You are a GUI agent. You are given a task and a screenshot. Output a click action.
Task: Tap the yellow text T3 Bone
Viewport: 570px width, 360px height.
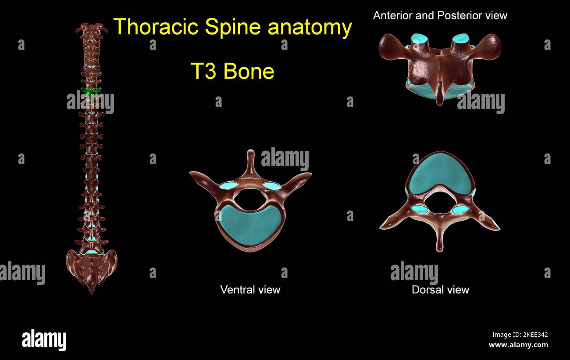point(232,71)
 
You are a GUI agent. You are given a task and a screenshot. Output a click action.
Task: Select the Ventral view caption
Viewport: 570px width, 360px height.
point(250,289)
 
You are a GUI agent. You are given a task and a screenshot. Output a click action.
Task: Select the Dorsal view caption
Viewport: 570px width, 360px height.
point(440,289)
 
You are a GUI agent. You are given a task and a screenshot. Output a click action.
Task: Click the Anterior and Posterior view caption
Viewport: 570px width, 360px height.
point(440,16)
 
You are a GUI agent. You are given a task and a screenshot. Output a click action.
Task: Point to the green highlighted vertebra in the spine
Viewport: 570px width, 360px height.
point(91,91)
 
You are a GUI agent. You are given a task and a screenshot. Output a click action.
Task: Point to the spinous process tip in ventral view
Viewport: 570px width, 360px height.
point(250,153)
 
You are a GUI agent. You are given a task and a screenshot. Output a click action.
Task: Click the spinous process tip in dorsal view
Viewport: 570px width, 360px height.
point(440,248)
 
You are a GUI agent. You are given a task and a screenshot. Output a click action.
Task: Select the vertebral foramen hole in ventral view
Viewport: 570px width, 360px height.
point(250,199)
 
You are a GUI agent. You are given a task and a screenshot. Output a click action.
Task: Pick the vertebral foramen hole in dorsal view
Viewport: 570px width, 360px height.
point(439,203)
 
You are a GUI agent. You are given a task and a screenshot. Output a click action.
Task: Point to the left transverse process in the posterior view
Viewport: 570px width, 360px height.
point(389,46)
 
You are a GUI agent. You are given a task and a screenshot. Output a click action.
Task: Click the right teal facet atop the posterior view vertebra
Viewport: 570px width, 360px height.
point(460,39)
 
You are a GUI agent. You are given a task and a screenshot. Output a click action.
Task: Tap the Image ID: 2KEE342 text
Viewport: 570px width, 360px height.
point(520,335)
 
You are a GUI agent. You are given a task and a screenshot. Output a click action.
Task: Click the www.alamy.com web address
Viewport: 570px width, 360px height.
point(518,345)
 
